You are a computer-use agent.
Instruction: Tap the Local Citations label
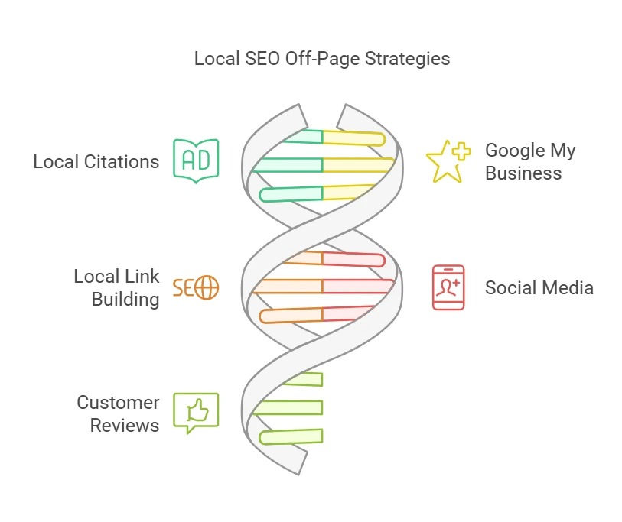[x=96, y=162]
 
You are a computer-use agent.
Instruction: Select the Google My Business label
[x=529, y=161]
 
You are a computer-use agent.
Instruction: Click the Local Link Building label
[x=116, y=287]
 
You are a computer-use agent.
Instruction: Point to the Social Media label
[x=539, y=288]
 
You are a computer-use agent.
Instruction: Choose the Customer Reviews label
[x=118, y=413]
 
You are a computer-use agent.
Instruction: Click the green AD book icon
[x=196, y=160]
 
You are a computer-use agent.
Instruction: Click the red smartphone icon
[x=448, y=287]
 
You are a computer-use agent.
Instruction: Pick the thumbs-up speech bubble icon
[x=196, y=412]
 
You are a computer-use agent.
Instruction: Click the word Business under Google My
[x=523, y=173]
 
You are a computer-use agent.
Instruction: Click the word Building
[x=125, y=299]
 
